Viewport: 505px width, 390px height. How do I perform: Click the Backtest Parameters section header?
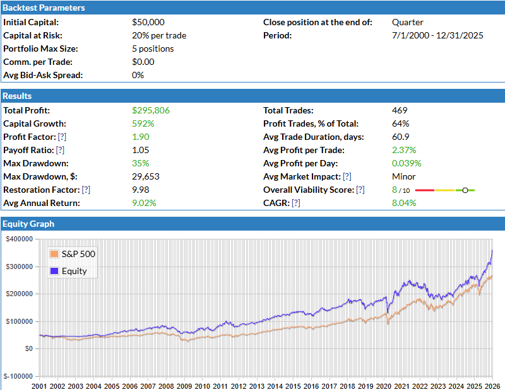coord(44,8)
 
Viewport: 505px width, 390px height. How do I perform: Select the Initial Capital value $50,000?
coord(148,22)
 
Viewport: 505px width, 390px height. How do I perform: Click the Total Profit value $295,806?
coord(151,110)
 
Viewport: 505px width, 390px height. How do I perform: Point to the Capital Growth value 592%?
coord(143,123)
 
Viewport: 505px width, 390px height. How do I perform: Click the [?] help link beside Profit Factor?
coord(62,137)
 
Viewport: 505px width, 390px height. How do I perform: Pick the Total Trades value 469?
coord(400,110)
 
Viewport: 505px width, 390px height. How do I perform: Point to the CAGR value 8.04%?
coord(404,203)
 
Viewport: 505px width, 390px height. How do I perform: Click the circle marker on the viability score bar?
coord(465,190)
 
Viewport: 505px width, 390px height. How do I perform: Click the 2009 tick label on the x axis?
coord(184,386)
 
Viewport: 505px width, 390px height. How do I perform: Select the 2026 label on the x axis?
coord(493,386)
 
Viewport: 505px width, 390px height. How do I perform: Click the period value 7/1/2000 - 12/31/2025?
coord(437,35)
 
